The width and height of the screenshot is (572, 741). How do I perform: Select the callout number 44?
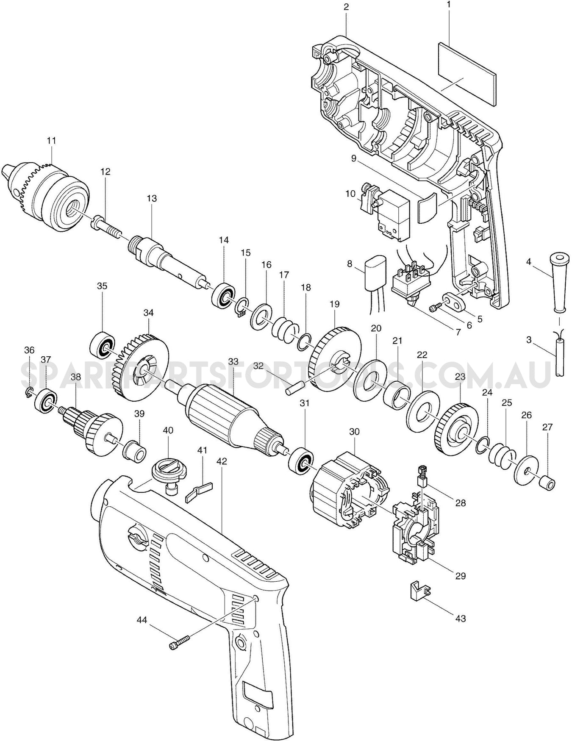[x=142, y=620]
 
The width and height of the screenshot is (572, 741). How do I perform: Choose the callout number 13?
[x=152, y=198]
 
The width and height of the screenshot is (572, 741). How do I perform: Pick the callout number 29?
[x=460, y=576]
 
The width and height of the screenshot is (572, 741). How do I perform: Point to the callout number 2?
[x=346, y=7]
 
